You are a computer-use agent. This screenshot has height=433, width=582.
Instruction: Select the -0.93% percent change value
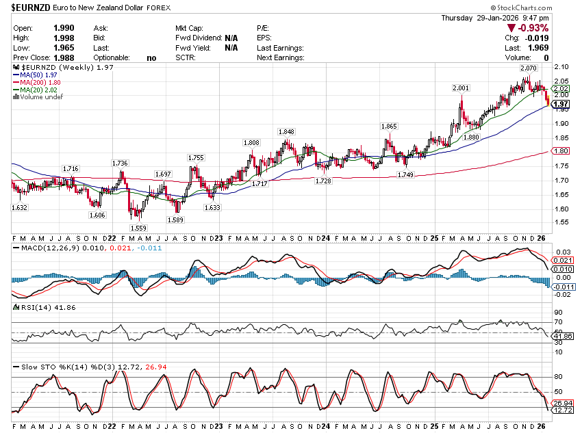(x=533, y=28)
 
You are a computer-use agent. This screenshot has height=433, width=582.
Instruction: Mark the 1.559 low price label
(x=138, y=228)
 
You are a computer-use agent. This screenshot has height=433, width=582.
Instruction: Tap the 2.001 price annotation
(x=461, y=88)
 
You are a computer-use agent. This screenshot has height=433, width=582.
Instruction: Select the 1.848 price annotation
(x=286, y=131)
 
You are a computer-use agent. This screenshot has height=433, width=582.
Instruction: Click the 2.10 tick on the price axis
(x=561, y=66)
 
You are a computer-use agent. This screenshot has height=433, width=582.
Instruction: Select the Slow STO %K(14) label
(x=47, y=367)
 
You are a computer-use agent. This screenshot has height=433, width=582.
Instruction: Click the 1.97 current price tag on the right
(x=562, y=104)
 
